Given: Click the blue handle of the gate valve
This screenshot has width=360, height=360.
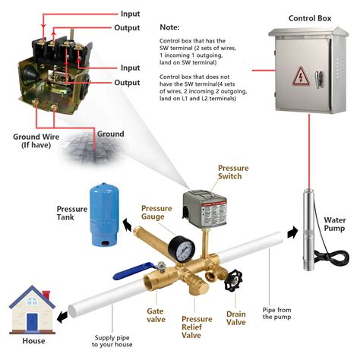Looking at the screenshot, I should point(134,273).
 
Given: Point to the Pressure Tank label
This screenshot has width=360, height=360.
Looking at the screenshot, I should point(75,213).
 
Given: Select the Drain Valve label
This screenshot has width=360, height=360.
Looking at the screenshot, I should point(236,318).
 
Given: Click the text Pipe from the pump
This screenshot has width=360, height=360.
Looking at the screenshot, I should point(279,312).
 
